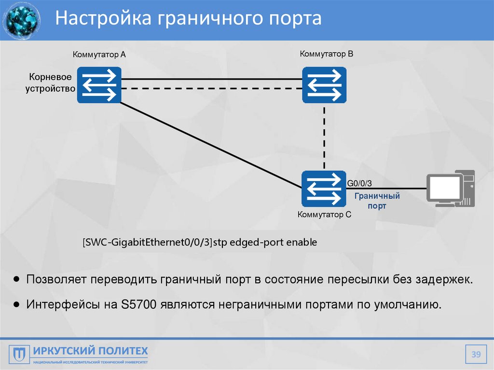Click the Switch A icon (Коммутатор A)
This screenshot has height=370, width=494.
click(x=99, y=85)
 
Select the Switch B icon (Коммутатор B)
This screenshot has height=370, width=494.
click(x=324, y=85)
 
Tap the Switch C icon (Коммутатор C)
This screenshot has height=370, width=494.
click(x=324, y=189)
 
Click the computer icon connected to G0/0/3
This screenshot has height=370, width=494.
click(x=451, y=189)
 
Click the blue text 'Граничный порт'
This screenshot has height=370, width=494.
click(x=377, y=201)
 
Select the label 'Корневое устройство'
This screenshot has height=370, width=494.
click(x=51, y=82)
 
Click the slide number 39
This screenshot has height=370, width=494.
click(x=476, y=355)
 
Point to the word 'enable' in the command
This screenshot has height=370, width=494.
click(x=302, y=243)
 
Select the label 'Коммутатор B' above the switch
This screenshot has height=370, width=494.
click(x=326, y=54)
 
